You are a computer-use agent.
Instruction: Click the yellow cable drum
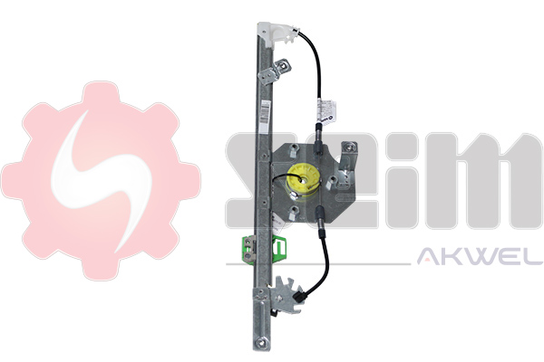[301, 182]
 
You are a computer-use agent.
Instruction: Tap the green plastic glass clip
[266, 248]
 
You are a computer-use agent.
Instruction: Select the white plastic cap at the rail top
[278, 33]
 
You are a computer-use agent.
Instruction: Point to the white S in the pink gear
[102, 180]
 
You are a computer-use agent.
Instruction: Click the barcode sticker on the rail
[265, 112]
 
